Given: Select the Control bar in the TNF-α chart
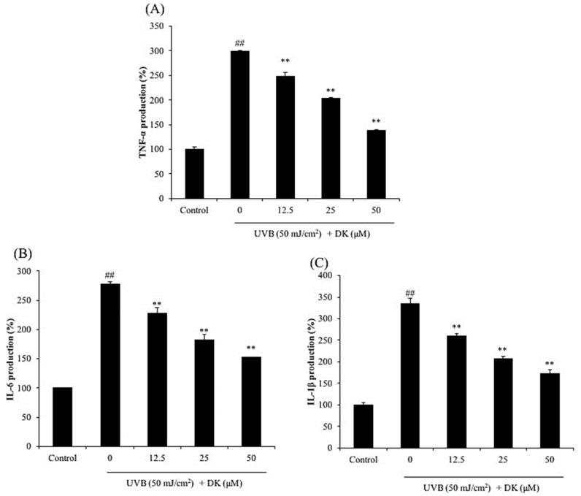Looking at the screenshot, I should (x=194, y=173).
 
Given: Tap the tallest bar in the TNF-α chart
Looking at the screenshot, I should (x=239, y=124).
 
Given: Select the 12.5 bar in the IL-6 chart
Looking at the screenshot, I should (x=157, y=379).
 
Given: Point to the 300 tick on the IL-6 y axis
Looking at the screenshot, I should (x=31, y=271).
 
